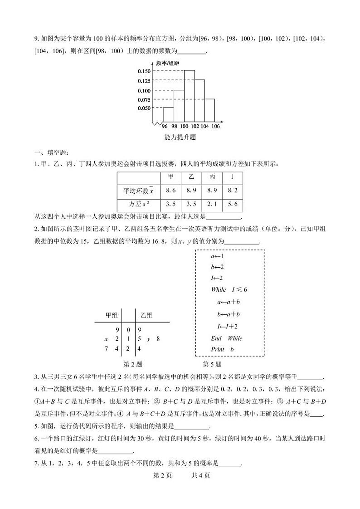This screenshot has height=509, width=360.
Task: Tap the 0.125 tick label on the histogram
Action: (x=144, y=81)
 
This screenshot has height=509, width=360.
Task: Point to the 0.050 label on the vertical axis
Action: (x=144, y=108)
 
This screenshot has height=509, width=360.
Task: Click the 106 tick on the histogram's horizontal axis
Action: (x=215, y=126)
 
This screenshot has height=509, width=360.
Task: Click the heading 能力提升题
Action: (x=180, y=137)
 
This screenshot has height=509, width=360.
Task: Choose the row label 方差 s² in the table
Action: (x=133, y=204)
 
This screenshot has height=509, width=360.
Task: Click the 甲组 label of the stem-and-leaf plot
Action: (x=111, y=315)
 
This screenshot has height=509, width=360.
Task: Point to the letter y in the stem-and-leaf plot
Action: (x=148, y=339)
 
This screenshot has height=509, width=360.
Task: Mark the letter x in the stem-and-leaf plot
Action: (x=106, y=339)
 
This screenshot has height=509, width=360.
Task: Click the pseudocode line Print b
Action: (x=222, y=349)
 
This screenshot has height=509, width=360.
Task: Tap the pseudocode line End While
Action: (x=227, y=338)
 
